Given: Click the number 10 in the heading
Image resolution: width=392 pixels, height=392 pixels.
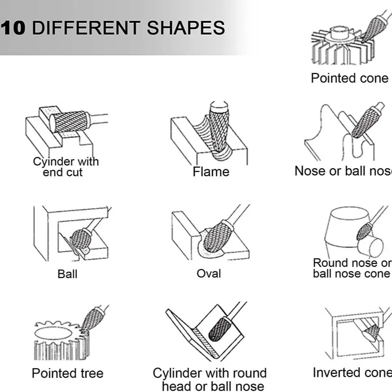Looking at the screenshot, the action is tap(13, 28).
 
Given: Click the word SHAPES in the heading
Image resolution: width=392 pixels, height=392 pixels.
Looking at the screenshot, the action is tap(186, 28).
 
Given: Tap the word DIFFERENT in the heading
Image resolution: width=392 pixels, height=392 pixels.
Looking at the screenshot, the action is tap(86, 28).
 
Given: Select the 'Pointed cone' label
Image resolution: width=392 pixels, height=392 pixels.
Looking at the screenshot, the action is tap(350, 78).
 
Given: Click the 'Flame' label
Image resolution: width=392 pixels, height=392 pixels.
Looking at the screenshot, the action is tap(211, 172).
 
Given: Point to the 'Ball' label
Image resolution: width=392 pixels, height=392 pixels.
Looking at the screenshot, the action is tap(67, 274).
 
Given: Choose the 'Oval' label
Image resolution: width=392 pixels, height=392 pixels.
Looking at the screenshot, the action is tap(209, 273).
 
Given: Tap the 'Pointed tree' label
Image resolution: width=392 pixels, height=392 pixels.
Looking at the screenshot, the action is tap(68, 373).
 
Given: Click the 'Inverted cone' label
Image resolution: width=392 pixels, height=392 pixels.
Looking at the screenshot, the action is tap(353, 372).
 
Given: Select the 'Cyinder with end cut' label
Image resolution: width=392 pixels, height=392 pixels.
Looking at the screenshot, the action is tap(66, 167).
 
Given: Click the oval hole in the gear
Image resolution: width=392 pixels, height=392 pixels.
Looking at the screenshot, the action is tap(53, 333).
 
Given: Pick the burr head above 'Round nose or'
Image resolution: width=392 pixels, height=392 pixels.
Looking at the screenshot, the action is tap(364, 231).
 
